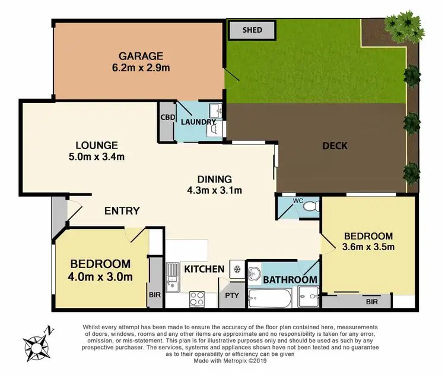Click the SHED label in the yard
252,30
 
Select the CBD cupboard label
166,116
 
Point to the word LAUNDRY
198,122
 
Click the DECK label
335,146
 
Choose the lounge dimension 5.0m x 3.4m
96,157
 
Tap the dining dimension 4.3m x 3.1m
215,190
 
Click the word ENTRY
122,210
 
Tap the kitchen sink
173,277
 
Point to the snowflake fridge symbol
236,268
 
